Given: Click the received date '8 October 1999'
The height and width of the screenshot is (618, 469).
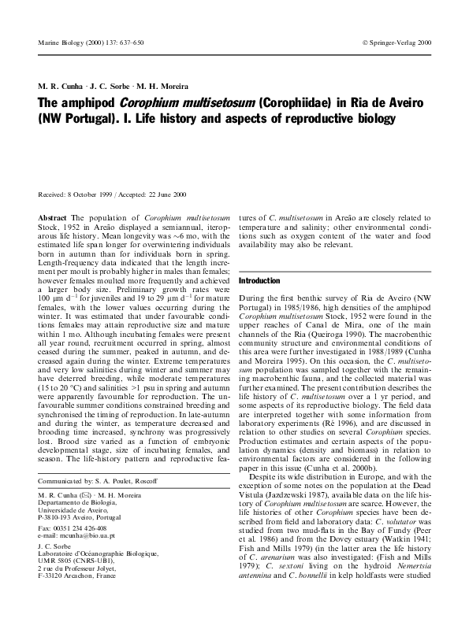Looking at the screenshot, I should click(x=89, y=194).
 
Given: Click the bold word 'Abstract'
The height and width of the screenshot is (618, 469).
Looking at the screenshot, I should click(x=53, y=216).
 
